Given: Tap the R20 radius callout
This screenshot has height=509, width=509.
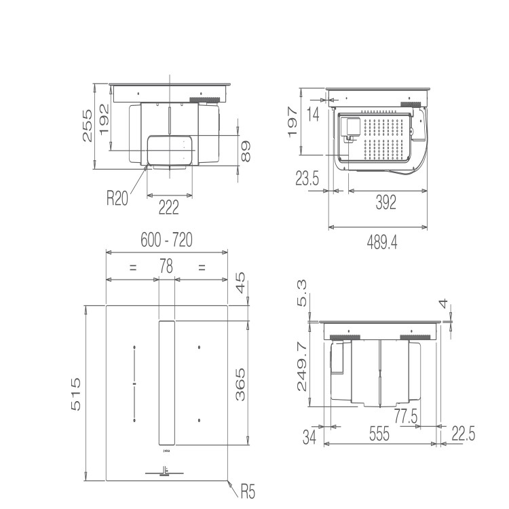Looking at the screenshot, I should [x=117, y=199].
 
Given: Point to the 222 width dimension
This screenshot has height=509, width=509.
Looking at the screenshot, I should [x=168, y=207].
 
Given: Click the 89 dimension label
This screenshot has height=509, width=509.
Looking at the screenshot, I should [x=246, y=151].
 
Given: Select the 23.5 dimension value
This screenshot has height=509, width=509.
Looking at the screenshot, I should [x=307, y=179].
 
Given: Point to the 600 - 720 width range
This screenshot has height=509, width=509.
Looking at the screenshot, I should [x=166, y=240].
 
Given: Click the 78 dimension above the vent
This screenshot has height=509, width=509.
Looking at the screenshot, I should [x=166, y=267].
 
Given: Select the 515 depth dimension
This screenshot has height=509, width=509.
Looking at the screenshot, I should [x=76, y=394].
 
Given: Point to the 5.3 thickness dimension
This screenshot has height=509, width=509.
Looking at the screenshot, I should [x=303, y=294].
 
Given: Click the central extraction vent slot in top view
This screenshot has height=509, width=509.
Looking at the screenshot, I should [x=166, y=383].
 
